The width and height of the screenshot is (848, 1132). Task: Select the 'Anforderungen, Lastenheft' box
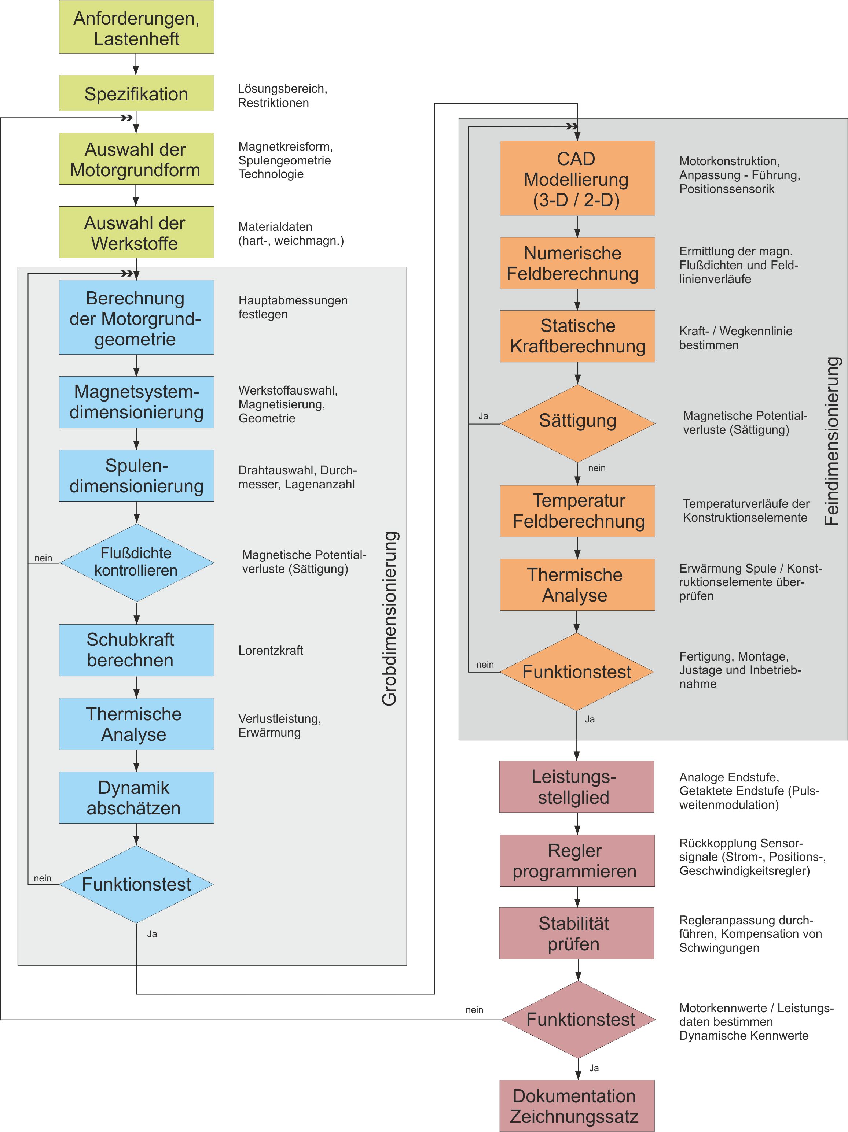point(136,27)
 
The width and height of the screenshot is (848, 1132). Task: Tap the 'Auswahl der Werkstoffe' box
point(136,232)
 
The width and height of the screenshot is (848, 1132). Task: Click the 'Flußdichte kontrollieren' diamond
point(136,562)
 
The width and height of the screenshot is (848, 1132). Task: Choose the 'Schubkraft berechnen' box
point(136,650)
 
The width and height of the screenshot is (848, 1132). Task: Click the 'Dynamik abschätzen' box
point(136,797)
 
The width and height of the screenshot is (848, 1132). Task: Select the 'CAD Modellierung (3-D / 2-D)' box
point(577,178)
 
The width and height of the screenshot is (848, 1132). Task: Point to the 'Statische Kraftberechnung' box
point(577,336)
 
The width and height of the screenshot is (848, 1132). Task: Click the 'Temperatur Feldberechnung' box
point(577,511)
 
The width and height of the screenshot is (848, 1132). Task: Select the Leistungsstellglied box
point(577,787)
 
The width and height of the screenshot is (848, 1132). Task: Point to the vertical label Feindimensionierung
point(832,441)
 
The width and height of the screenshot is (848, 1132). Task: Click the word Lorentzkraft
point(270,650)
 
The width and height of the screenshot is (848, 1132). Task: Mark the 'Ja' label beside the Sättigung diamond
point(483,416)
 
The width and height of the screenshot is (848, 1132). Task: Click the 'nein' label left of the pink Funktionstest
point(474,1010)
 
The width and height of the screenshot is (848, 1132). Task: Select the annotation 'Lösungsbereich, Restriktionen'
point(282,96)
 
